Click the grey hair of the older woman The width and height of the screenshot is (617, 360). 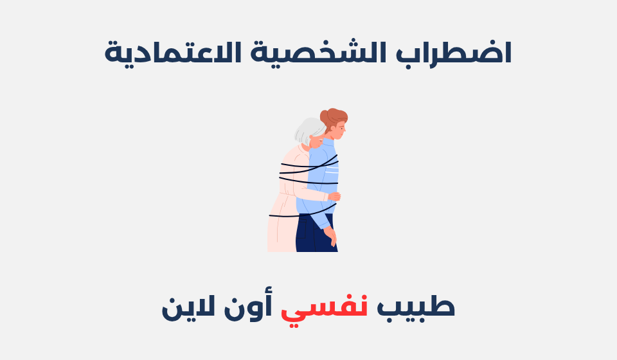point(307,130)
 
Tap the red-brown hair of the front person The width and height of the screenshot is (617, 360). point(335,118)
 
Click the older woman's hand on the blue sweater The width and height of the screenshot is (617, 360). point(334,197)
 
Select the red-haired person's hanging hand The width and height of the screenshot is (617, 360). point(331,237)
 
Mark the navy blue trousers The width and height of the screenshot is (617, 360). point(315,235)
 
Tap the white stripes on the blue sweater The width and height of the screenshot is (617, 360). point(330,170)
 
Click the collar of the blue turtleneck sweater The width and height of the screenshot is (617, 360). point(328,142)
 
